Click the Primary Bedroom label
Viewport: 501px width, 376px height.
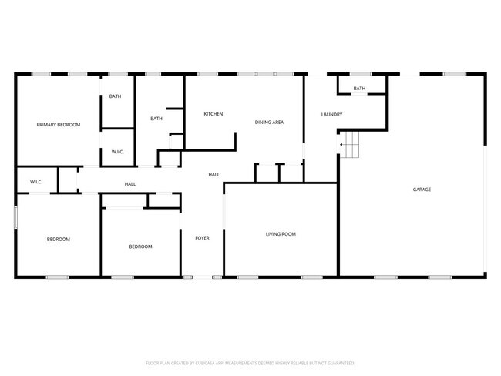click(59, 125)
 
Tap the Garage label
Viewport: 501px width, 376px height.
click(422, 190)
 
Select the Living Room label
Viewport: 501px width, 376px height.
click(281, 234)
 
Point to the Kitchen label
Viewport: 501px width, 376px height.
click(214, 114)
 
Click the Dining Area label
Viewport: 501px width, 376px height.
click(270, 122)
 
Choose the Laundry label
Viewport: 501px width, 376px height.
click(331, 115)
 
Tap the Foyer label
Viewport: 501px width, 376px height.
click(202, 238)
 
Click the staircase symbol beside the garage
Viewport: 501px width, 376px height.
click(351, 144)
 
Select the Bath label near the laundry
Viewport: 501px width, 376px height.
click(359, 89)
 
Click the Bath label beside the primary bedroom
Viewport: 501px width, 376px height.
click(115, 96)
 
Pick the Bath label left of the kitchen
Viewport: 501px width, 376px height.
click(156, 119)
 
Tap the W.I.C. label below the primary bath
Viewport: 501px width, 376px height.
click(118, 152)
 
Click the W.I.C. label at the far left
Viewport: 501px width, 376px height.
click(35, 182)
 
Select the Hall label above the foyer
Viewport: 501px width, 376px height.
click(214, 175)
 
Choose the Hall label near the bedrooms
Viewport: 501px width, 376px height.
click(130, 184)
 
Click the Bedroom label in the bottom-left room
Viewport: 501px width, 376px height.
click(59, 240)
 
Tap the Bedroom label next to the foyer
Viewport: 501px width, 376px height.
click(140, 247)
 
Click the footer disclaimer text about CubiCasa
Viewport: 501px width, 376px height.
click(250, 362)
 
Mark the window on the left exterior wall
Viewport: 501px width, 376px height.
click(15, 217)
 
